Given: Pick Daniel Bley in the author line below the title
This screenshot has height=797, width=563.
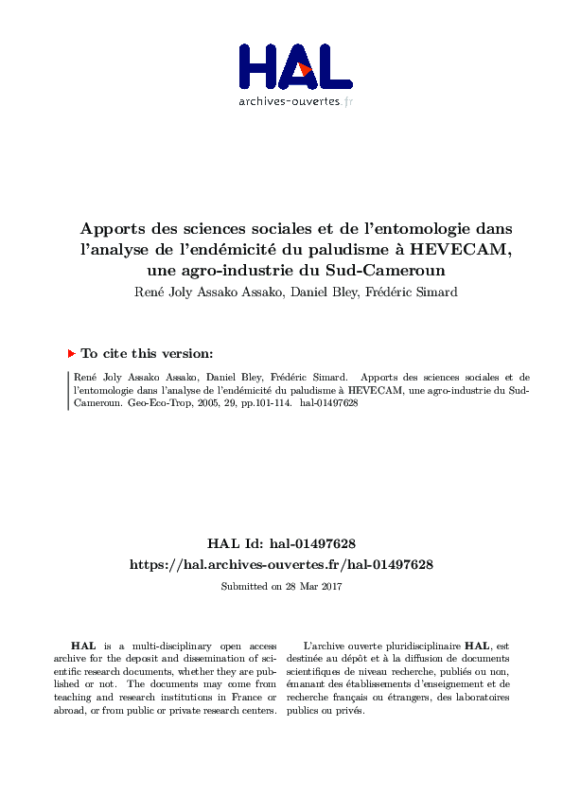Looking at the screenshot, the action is (315, 292).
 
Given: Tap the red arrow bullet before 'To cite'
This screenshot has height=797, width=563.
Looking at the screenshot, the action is (71, 353).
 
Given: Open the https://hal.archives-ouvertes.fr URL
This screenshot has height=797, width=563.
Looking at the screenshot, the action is (281, 564).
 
